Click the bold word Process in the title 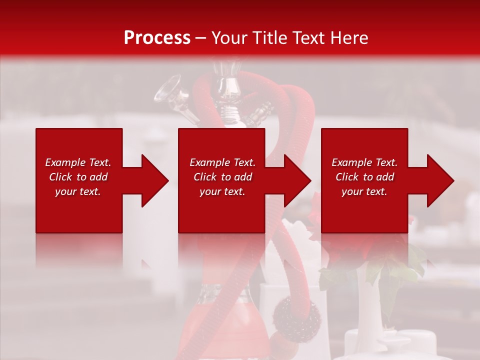click(x=157, y=38)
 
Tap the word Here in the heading click(x=349, y=38)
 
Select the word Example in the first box click(x=65, y=162)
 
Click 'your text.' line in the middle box click(x=222, y=191)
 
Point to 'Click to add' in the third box click(x=364, y=177)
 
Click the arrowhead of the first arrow click(x=155, y=180)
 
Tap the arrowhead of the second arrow click(x=297, y=180)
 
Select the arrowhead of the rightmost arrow click(x=440, y=180)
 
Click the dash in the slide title click(x=200, y=38)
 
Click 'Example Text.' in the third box click(x=364, y=162)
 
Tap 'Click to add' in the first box click(x=78, y=177)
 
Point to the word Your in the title click(x=229, y=38)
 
